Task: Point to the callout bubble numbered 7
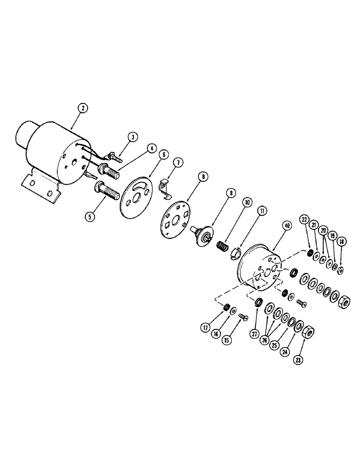177,162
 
